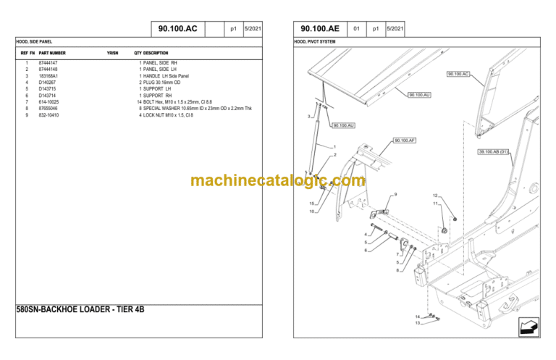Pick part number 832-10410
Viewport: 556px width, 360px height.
point(49,114)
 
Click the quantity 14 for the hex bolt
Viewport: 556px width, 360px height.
point(139,101)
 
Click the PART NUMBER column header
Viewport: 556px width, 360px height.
point(52,53)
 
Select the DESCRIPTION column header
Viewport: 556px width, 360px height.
point(156,53)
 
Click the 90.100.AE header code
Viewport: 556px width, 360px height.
point(320,29)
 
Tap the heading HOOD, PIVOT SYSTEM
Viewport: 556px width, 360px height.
point(315,42)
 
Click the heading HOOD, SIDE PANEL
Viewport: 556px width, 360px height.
point(34,42)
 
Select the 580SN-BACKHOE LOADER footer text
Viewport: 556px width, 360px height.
point(80,309)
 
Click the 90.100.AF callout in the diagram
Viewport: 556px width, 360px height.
point(405,141)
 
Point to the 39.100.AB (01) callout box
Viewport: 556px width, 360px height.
point(494,151)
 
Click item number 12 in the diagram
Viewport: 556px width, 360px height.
point(435,196)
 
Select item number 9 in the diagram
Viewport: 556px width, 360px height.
point(395,194)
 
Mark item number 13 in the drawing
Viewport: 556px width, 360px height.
point(417,323)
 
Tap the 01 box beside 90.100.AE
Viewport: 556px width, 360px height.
point(356,29)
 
